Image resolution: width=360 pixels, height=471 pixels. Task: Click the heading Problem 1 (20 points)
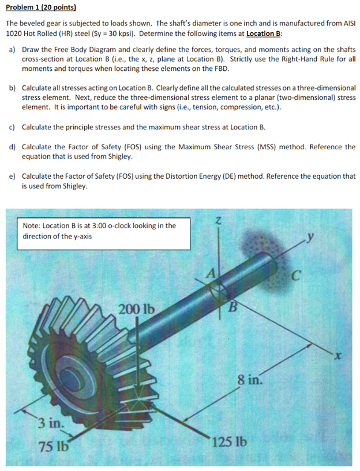pyautogui.click(x=41, y=7)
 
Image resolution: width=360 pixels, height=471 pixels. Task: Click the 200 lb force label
pyautogui.click(x=137, y=309)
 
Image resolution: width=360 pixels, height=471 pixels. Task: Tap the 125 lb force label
pyautogui.click(x=230, y=442)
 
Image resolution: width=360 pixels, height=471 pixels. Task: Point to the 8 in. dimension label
pyautogui.click(x=250, y=379)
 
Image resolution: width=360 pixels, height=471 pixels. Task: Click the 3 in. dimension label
pyautogui.click(x=51, y=423)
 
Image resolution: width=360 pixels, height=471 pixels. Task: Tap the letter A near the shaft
pyautogui.click(x=212, y=274)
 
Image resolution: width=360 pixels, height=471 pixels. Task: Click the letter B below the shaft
pyautogui.click(x=233, y=307)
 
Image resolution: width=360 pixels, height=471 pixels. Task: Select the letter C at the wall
pyautogui.click(x=295, y=276)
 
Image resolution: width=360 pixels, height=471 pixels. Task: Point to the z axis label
pyautogui.click(x=219, y=222)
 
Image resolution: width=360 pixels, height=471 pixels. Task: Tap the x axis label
pyautogui.click(x=337, y=356)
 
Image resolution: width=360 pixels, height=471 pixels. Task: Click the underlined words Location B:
pyautogui.click(x=264, y=33)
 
